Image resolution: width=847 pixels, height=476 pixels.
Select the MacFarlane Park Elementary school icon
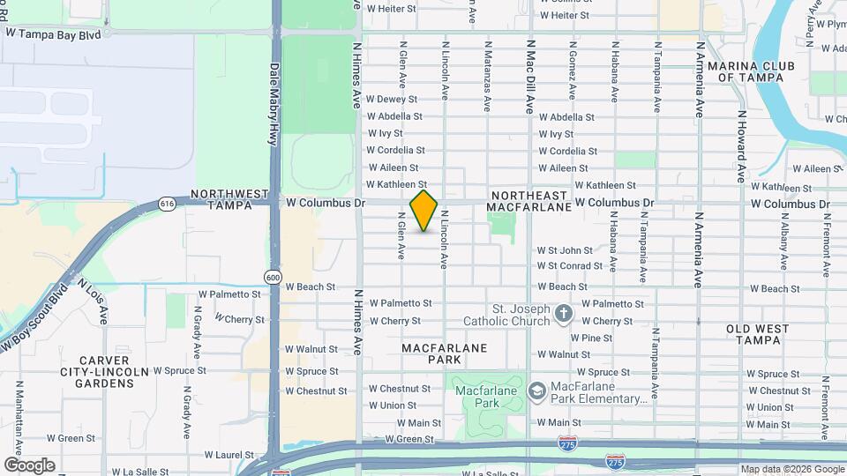[x=536, y=390]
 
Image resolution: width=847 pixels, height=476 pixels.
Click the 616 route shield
[x=167, y=204]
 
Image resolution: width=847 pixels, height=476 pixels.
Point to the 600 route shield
[x=274, y=278]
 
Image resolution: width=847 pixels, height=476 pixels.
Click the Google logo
[x=29, y=465]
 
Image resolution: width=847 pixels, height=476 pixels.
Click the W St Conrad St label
[x=569, y=265]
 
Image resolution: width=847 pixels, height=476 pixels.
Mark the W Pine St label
[x=591, y=338]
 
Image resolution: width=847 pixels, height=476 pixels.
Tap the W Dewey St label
[x=392, y=99]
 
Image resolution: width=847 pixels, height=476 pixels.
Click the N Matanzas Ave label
[x=487, y=75]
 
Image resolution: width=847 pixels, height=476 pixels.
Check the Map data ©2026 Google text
[x=791, y=469]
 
